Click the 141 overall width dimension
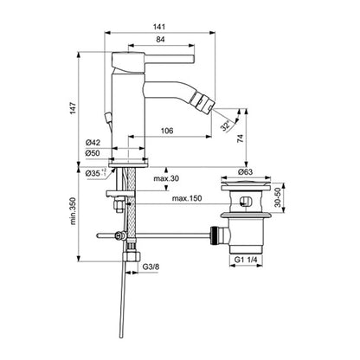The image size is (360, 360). pos(159,27)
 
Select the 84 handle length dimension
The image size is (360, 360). pos(160,39)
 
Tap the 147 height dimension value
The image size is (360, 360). pos(74,107)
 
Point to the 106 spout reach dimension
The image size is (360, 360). pos(167,131)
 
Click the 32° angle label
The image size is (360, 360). pos(226,125)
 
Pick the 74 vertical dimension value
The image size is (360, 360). pos(241,138)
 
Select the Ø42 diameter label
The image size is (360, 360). pos(93,143)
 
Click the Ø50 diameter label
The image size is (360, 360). pos(93,153)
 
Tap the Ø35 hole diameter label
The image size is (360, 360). pos(95,173)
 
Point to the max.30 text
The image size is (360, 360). pos(166,178)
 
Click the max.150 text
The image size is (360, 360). pos(187,198)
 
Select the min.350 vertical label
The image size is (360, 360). pos(73,211)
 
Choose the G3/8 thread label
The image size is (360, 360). pos(151,267)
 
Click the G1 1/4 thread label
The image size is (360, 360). pos(246,260)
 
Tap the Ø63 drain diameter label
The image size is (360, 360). pos(245,172)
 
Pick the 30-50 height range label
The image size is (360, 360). pos(278,197)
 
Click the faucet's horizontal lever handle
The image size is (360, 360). pos(170,59)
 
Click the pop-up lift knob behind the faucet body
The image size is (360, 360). pos(108,118)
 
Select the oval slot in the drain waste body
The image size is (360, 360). pos(246,201)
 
